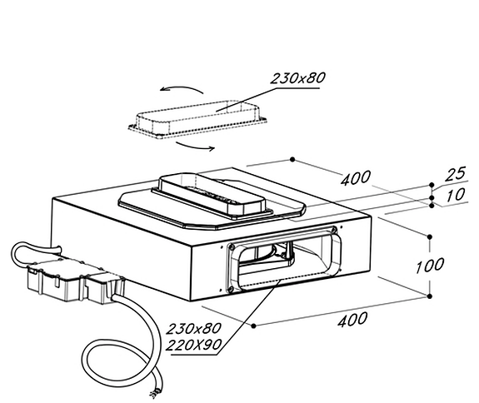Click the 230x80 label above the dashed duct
[x=297, y=78]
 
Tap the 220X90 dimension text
[x=193, y=345]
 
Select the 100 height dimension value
[x=430, y=266]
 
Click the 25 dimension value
[x=456, y=174]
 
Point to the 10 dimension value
[x=456, y=195]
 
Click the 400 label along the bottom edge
[x=352, y=320]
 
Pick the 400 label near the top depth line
[x=356, y=178]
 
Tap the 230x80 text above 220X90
[x=193, y=329]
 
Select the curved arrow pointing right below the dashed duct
[x=196, y=147]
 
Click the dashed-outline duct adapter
[x=197, y=119]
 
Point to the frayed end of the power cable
[x=155, y=392]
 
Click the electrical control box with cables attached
[x=75, y=280]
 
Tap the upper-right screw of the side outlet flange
[x=334, y=230]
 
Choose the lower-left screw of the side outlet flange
[x=232, y=288]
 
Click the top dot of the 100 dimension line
[x=430, y=236]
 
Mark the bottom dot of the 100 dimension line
[x=430, y=296]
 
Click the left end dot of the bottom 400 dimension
[x=253, y=326]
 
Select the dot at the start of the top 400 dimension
[x=292, y=159]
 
